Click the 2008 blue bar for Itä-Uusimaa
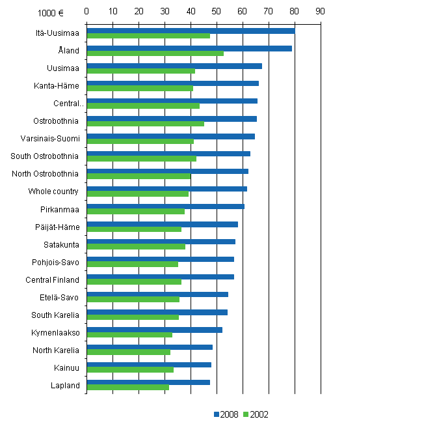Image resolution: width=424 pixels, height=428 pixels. point(190,31)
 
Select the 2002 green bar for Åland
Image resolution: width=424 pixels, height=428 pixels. point(155,53)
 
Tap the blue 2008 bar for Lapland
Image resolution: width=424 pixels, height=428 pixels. point(148,382)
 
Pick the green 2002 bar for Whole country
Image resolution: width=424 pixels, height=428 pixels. point(137,194)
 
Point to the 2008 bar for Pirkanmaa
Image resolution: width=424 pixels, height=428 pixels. point(165,207)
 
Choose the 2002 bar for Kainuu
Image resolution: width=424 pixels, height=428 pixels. point(130,370)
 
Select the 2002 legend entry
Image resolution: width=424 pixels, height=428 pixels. point(256,414)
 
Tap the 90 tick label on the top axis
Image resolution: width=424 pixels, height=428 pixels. point(319,11)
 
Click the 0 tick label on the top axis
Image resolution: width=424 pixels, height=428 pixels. point(86,11)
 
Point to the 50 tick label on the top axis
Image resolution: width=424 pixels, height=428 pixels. point(216,11)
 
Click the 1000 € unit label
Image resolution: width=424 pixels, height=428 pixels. point(49,12)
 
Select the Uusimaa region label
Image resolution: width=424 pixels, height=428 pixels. point(63,68)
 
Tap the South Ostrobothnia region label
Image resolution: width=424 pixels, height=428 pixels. point(45,156)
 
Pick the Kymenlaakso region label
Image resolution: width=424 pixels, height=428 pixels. point(55,332)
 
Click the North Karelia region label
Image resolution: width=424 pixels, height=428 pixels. point(56,350)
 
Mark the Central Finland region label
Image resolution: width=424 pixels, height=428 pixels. point(54,279)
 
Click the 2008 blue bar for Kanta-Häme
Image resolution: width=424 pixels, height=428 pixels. point(172,83)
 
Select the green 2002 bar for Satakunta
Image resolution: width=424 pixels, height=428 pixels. point(136,247)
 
